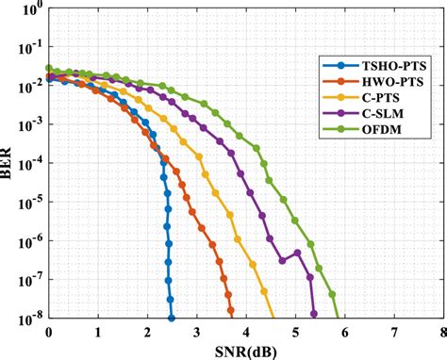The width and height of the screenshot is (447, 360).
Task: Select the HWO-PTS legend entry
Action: (x=373, y=84)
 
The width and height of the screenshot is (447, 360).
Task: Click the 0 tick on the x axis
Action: (x=49, y=332)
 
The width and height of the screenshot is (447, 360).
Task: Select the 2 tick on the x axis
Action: (x=147, y=332)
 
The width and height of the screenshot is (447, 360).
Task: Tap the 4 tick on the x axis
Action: (x=246, y=332)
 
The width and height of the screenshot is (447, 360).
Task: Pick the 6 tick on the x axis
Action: (x=344, y=332)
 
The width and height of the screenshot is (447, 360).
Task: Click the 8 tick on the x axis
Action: (x=442, y=332)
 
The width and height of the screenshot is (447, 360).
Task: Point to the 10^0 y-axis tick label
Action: (x=30, y=11)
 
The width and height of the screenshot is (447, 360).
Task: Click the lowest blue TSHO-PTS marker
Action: (x=171, y=319)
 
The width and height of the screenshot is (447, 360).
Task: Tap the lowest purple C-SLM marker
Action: (x=314, y=314)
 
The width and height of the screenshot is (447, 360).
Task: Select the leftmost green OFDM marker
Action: (x=49, y=68)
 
